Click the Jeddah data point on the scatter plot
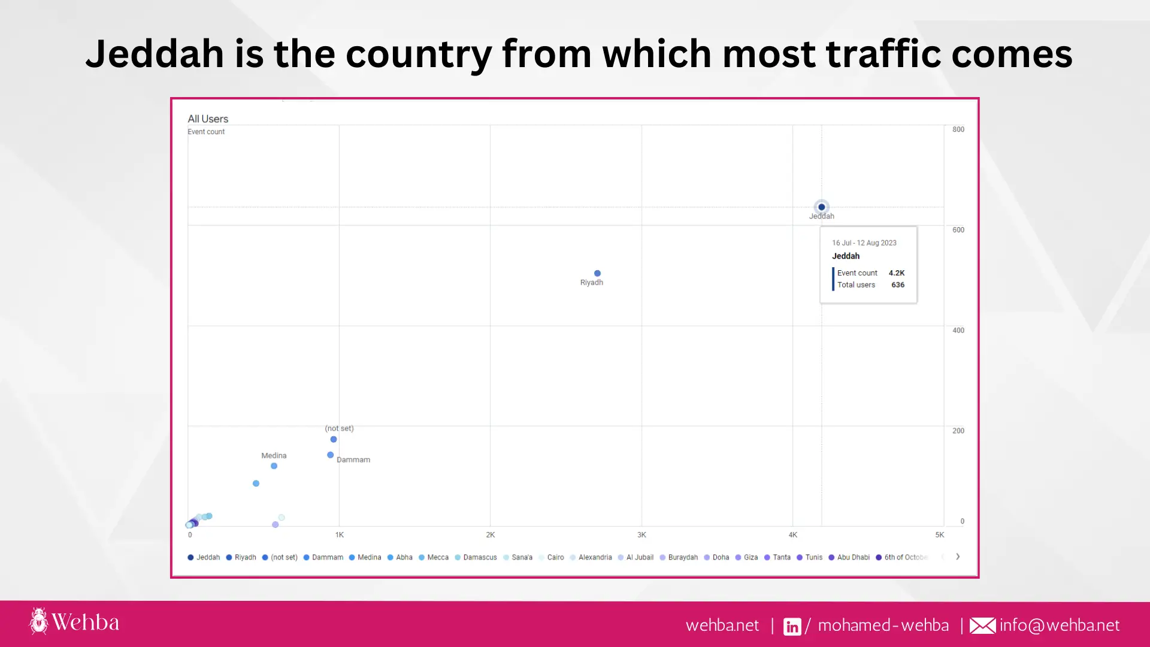(x=821, y=207)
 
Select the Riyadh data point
(x=597, y=273)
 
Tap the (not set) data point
(x=334, y=440)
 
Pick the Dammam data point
(x=330, y=455)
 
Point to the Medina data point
(x=274, y=466)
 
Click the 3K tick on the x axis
(x=641, y=535)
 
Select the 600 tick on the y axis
(x=958, y=230)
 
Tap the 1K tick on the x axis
(x=340, y=535)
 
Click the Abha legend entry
(x=400, y=557)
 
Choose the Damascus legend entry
(x=476, y=557)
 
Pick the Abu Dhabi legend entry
(x=849, y=557)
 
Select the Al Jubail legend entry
(x=636, y=557)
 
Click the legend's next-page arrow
(x=958, y=557)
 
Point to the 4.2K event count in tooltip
(x=897, y=273)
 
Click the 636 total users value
(x=898, y=285)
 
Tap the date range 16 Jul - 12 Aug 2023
(x=864, y=243)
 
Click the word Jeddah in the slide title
(x=155, y=54)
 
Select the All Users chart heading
(x=208, y=119)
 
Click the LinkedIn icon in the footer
(x=792, y=626)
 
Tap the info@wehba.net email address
(x=1059, y=625)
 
